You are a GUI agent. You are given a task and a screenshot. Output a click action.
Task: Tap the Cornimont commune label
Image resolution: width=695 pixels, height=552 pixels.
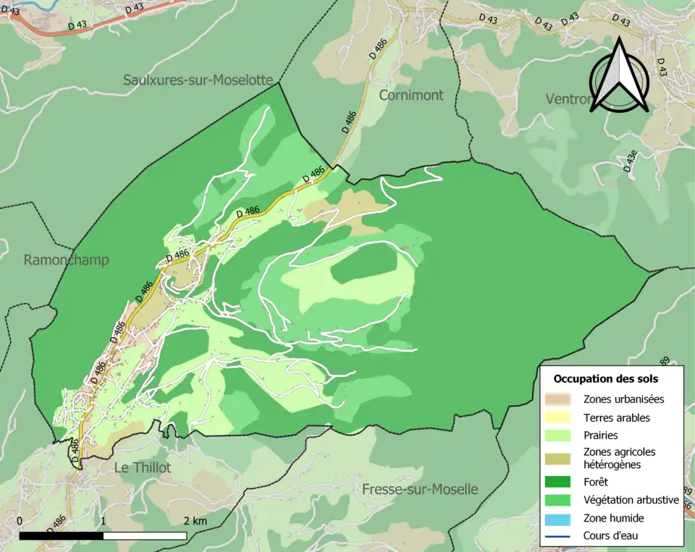[410, 95]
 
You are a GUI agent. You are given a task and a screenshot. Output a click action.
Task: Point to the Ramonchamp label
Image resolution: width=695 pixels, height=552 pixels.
[66, 260]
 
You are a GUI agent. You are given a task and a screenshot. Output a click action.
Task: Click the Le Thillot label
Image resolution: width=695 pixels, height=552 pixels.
[143, 467]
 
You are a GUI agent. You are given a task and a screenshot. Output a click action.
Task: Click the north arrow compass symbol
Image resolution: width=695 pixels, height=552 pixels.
[618, 76]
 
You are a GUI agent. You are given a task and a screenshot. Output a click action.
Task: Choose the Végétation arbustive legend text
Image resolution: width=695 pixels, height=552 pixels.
[631, 499]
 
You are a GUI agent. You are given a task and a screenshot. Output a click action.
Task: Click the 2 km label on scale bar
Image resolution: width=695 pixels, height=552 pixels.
[195, 521]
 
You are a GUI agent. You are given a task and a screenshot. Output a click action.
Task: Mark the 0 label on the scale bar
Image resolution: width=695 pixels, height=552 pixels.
[19, 521]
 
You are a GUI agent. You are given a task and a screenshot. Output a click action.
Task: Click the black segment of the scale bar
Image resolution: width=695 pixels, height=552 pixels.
[61, 536]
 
